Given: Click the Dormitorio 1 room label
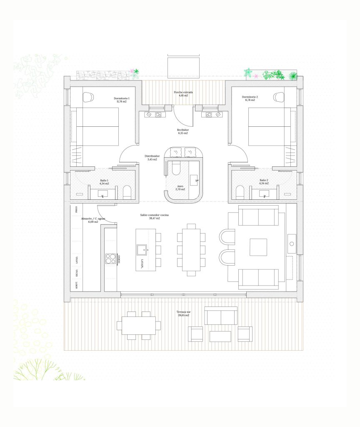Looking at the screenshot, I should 122,98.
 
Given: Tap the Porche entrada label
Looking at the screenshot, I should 181,92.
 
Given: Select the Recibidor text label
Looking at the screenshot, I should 183,130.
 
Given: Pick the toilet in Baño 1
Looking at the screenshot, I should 127,192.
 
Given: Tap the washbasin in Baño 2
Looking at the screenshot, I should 263,193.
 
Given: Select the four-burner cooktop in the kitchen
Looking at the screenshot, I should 110,259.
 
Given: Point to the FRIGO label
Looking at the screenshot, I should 76,209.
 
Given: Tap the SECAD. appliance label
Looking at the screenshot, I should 76,273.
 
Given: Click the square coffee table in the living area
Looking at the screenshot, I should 258,247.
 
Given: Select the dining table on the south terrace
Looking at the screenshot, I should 138,325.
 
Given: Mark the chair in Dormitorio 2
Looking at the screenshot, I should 278,97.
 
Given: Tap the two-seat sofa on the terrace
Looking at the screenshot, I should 221,316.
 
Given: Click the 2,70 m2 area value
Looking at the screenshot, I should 180,189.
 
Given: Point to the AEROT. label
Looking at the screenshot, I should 76,286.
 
